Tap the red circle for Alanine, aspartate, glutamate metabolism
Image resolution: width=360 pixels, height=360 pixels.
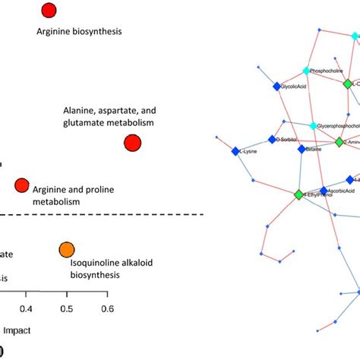pyautogui.click(x=132, y=143)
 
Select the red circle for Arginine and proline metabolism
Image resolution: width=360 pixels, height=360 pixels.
pyautogui.click(x=22, y=185)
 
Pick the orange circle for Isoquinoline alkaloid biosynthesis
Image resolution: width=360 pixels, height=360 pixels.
pyautogui.click(x=67, y=250)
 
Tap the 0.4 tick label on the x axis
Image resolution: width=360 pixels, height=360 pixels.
pyautogui.click(x=26, y=309)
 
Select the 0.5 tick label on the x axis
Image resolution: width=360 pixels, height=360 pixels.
pyautogui.click(x=67, y=309)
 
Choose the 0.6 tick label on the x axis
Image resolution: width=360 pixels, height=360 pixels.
pyautogui.click(x=107, y=309)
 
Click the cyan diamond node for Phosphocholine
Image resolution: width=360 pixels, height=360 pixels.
pyautogui.click(x=307, y=71)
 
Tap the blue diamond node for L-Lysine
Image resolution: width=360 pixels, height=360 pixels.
pyautogui.click(x=235, y=151)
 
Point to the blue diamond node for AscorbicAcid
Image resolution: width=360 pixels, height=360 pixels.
pyautogui.click(x=324, y=191)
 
